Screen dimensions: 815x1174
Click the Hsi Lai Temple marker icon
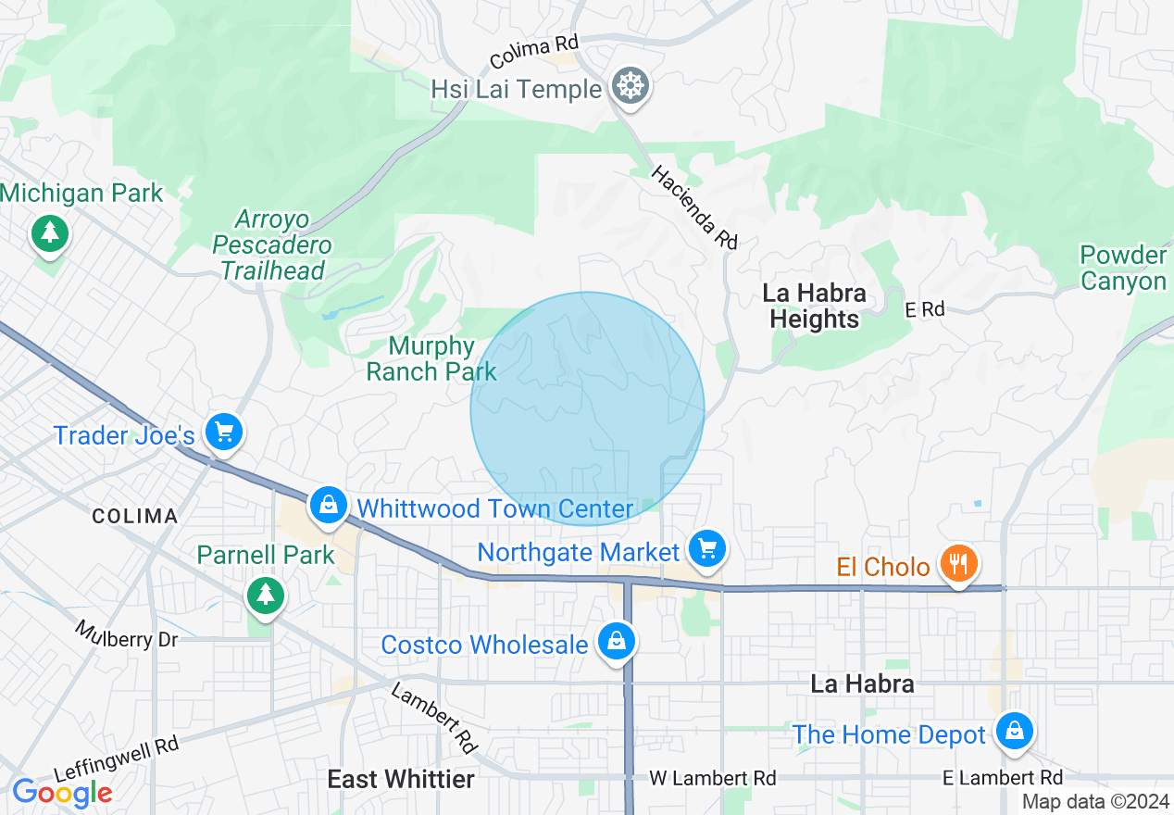[x=630, y=87]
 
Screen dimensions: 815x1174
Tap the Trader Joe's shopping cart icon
[x=223, y=432]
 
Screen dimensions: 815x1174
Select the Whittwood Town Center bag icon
[x=328, y=505]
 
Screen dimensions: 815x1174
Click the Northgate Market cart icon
[x=708, y=549]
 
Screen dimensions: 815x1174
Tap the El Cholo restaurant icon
[x=958, y=562]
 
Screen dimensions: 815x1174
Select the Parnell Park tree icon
[x=267, y=594]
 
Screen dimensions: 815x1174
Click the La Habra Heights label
[x=814, y=307]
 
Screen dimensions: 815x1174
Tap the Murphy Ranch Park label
[x=431, y=359]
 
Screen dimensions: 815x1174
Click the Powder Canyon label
[x=1123, y=269]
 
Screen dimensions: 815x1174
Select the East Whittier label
[x=401, y=780]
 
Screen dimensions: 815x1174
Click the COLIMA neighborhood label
[x=134, y=516]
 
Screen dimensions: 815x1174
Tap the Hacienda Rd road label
[x=694, y=207]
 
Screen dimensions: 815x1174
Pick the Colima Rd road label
[x=534, y=53]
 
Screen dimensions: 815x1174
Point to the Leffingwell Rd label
[x=116, y=759]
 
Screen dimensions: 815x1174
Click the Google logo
[x=62, y=793]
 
